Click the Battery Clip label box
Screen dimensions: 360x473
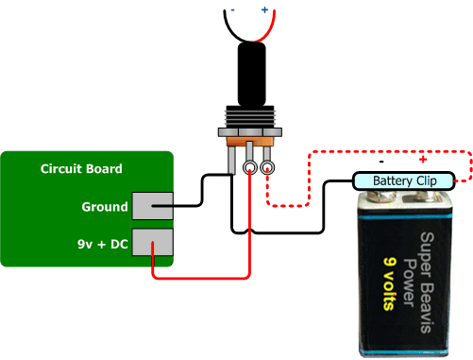[x=403, y=180]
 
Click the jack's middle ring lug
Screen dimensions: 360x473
[x=249, y=168]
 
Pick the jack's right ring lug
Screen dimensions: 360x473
[x=268, y=168]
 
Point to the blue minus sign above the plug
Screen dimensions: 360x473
[x=229, y=9]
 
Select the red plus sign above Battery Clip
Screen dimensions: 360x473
[x=421, y=160]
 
